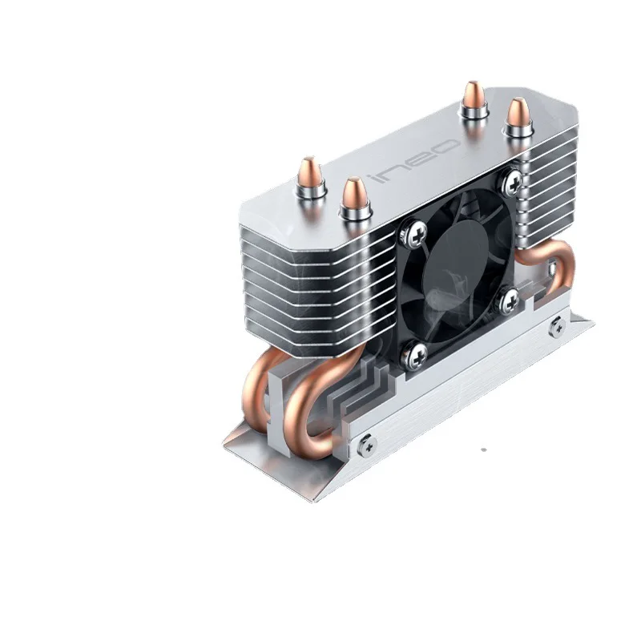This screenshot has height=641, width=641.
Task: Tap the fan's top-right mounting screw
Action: coord(509,183)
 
